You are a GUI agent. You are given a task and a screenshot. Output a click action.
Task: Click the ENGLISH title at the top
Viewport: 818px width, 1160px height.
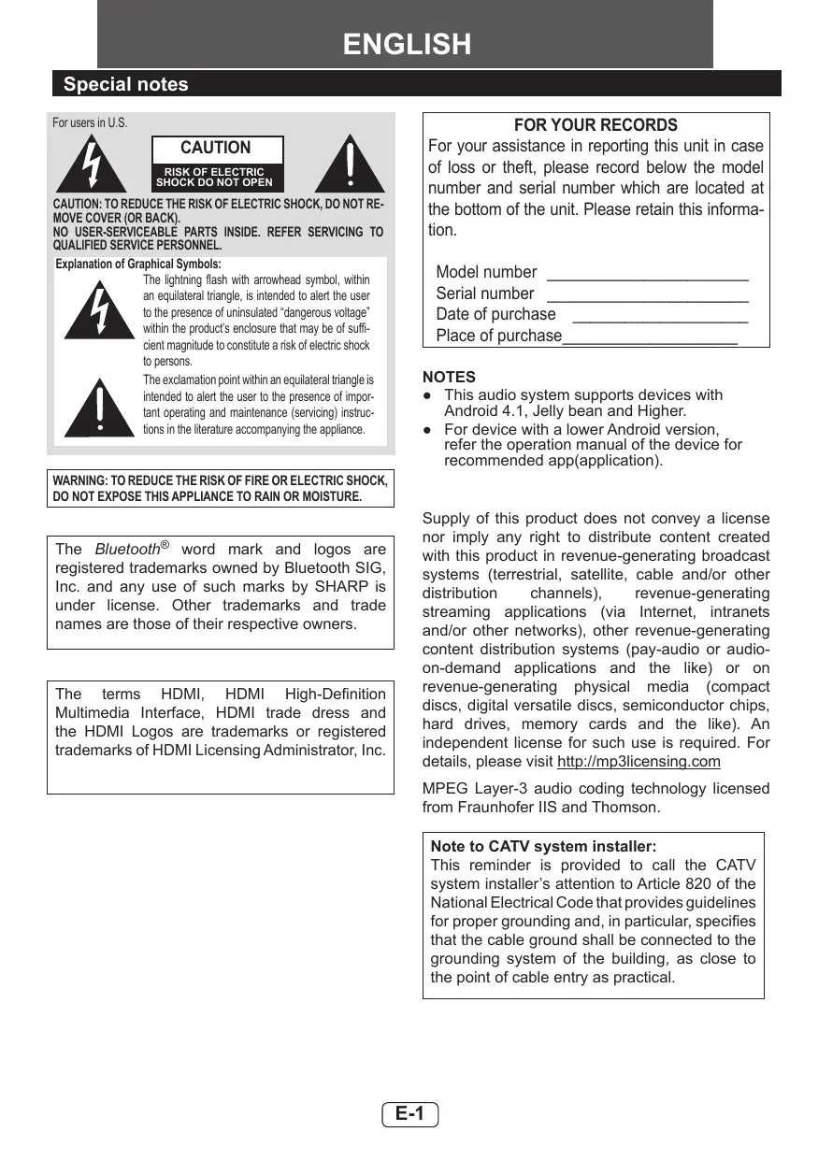coord(407,44)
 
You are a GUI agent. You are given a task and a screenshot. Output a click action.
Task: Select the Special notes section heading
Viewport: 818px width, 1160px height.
coord(125,84)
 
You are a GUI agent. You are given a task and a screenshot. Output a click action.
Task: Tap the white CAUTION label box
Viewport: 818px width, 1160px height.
coord(216,148)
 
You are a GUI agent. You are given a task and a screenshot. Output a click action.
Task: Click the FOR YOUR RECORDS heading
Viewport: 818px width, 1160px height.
coord(596,125)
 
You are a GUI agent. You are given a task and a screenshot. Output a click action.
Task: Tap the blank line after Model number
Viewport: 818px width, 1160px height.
coord(647,274)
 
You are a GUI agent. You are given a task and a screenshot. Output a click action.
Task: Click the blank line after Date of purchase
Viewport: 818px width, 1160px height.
coord(659,316)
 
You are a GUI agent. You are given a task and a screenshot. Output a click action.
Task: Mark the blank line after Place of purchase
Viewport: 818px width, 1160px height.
coord(650,337)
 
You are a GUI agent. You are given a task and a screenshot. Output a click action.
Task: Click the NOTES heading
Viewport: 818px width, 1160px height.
coord(449,377)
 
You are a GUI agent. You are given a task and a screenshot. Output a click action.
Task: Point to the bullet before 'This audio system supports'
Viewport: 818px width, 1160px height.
coord(426,395)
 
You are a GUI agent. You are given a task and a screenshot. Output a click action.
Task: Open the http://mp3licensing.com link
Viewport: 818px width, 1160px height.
coord(639,762)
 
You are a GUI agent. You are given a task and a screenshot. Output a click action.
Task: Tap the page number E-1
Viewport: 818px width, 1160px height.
coord(409,1113)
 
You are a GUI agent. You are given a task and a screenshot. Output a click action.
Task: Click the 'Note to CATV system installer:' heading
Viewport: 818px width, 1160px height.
coord(543,846)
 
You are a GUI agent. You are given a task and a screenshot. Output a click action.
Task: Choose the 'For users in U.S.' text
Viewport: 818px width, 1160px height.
coord(90,123)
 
